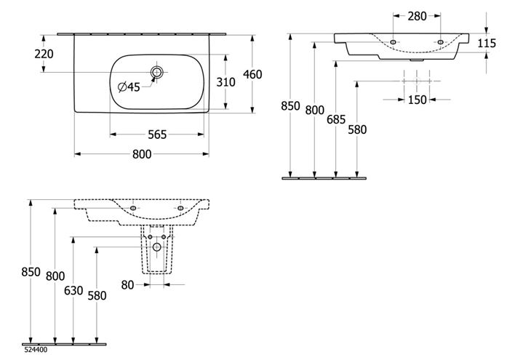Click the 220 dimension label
click(44, 54)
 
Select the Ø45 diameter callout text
click(129, 87)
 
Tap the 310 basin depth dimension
click(225, 82)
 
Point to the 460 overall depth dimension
click(252, 75)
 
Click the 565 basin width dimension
click(157, 135)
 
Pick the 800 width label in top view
click(142, 154)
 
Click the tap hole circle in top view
click(157, 72)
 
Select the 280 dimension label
click(417, 16)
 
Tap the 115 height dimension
click(487, 44)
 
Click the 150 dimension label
click(417, 100)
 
